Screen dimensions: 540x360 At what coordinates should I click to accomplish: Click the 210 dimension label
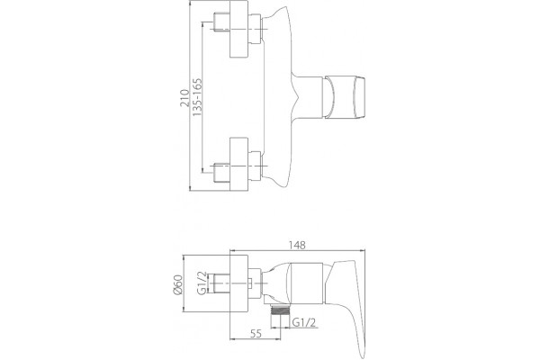click(x=184, y=98)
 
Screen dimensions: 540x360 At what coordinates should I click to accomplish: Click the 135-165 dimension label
click(x=197, y=97)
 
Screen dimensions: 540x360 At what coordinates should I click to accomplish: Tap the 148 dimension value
click(x=297, y=245)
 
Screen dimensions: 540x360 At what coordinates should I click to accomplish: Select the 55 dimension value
click(x=256, y=334)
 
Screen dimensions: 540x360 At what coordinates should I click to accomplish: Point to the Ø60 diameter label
click(x=177, y=284)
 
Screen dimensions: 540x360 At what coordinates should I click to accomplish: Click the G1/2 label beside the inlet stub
click(x=202, y=283)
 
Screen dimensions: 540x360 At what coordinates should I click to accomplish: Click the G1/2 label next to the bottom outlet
click(x=304, y=322)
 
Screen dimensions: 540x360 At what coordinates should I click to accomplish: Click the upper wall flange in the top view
click(x=239, y=29)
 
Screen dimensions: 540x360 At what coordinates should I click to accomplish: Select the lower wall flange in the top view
click(x=239, y=164)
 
